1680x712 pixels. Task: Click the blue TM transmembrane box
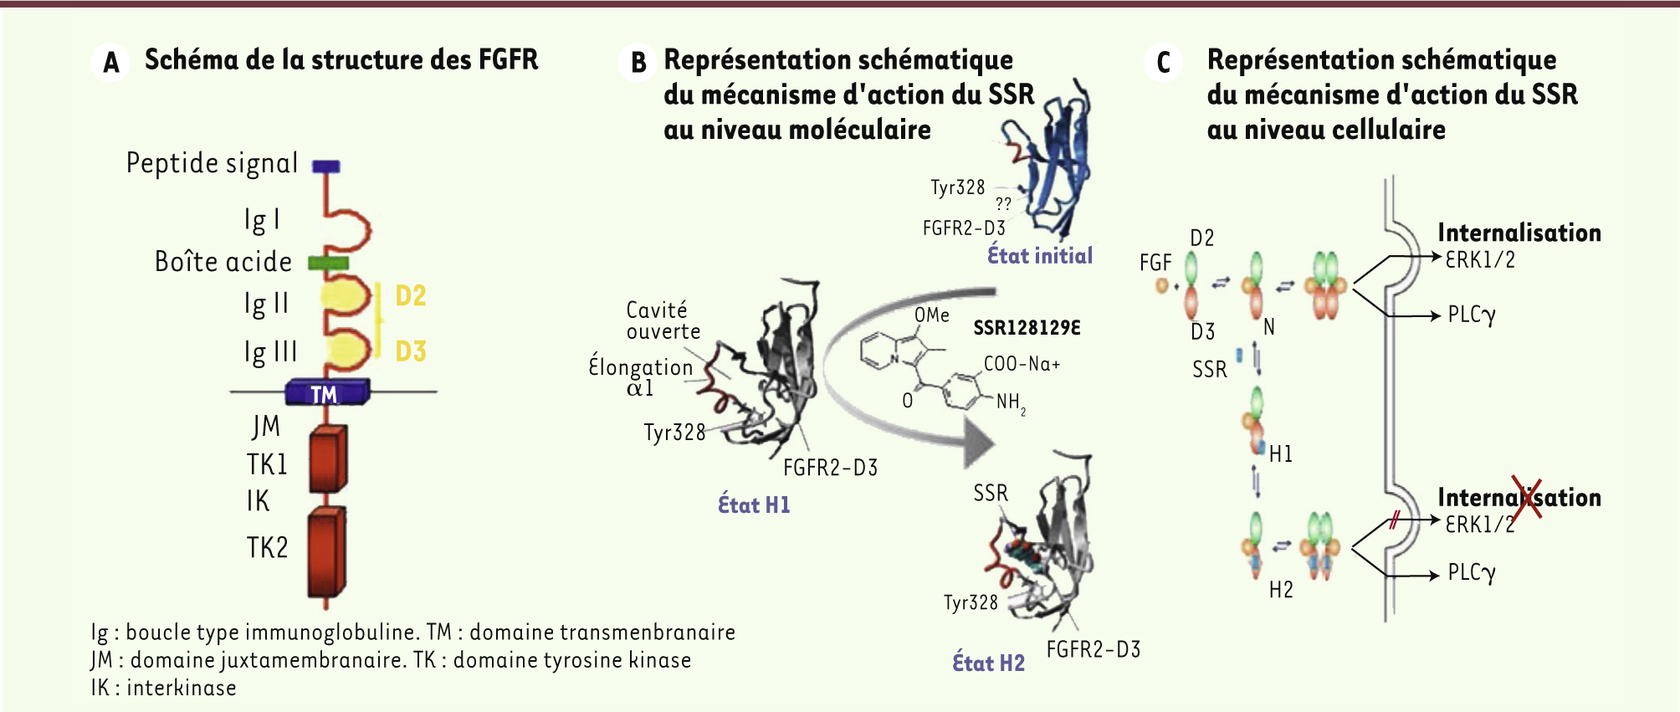(327, 392)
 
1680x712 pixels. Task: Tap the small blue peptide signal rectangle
(326, 166)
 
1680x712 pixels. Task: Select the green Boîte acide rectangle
(328, 263)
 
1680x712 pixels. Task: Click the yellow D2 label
(411, 295)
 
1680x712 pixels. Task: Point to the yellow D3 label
(411, 351)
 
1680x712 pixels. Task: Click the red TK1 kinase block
(328, 458)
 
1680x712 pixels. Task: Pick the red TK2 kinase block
(326, 552)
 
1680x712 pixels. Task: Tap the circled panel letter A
(111, 62)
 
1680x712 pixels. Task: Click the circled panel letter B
(638, 62)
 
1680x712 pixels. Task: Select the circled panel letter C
(1163, 62)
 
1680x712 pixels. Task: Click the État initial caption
(1040, 255)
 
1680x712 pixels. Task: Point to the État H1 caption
(754, 505)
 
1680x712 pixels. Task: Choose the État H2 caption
(988, 663)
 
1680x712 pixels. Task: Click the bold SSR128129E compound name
(1027, 328)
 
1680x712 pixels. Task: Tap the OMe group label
(932, 315)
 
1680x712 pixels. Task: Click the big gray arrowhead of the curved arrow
(980, 441)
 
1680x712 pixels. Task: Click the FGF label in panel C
(1155, 263)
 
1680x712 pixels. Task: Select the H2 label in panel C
(1281, 590)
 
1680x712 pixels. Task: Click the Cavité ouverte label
(663, 320)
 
